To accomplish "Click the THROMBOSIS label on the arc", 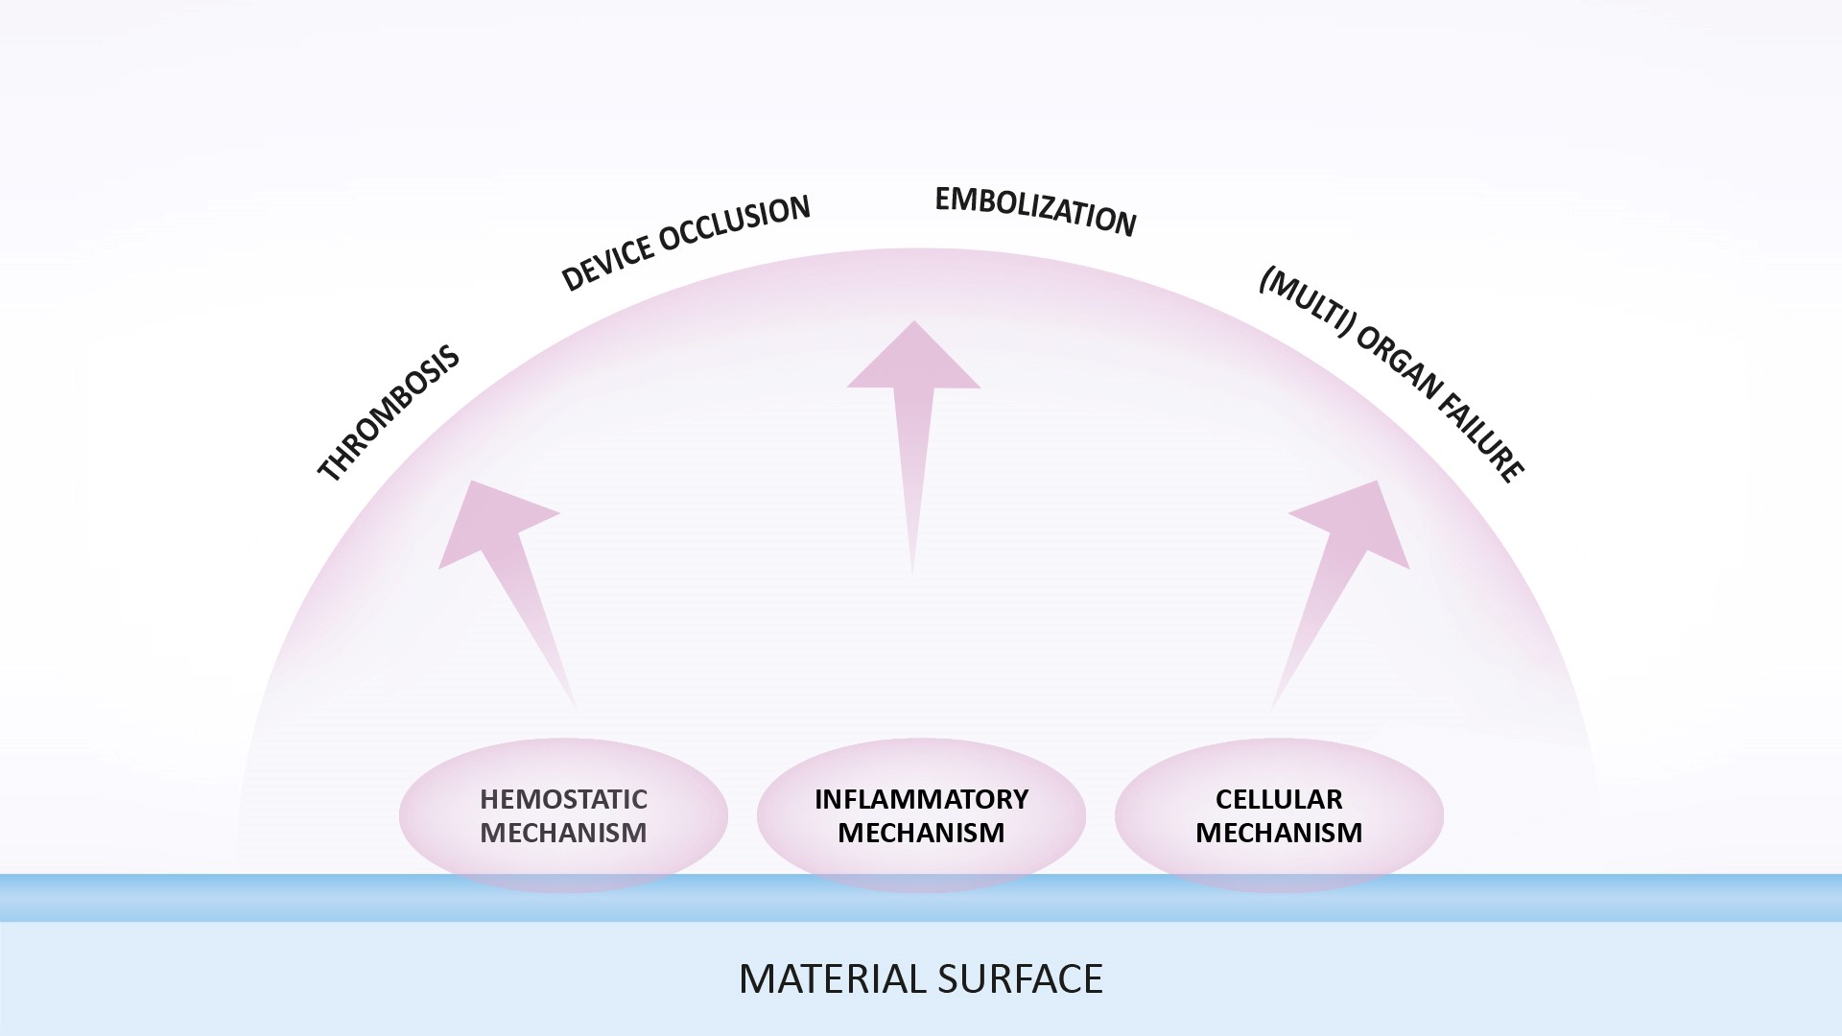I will click(389, 413).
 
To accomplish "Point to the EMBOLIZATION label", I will click(1035, 211).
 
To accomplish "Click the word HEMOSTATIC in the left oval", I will click(563, 799).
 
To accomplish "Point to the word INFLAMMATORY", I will click(921, 799).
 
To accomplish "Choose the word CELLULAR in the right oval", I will click(1279, 799).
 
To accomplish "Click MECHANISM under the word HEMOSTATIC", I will click(563, 833).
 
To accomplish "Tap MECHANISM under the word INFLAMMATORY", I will click(921, 833).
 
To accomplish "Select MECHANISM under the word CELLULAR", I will click(1279, 833).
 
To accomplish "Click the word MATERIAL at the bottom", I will click(831, 978).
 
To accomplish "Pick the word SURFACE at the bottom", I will click(1020, 978).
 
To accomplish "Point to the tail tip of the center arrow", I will click(912, 574).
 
